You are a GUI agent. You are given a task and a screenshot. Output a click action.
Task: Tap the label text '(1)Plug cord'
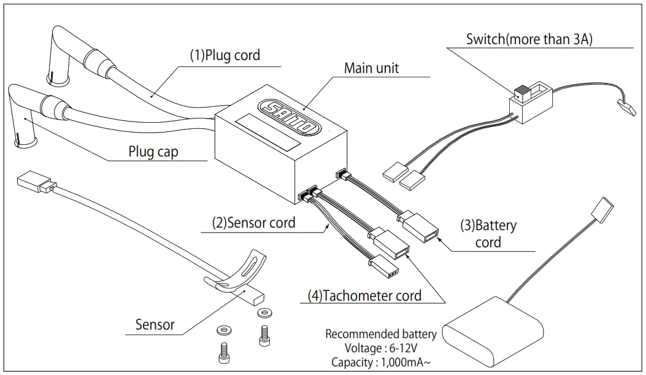224,55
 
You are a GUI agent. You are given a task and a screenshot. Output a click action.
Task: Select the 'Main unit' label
371,68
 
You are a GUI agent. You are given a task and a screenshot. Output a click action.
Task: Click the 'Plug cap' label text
153,151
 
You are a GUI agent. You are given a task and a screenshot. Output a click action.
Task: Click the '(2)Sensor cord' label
253,222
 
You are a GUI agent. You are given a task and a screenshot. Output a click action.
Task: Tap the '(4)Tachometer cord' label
364,296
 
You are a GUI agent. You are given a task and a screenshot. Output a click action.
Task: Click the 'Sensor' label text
155,325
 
